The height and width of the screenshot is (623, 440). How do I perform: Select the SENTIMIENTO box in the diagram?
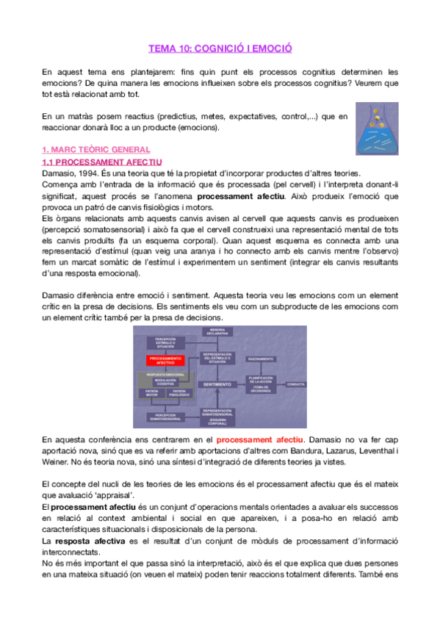point(217,384)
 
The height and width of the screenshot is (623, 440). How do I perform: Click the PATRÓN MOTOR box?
point(152,394)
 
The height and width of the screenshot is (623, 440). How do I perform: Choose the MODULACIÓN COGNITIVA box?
point(166,382)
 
